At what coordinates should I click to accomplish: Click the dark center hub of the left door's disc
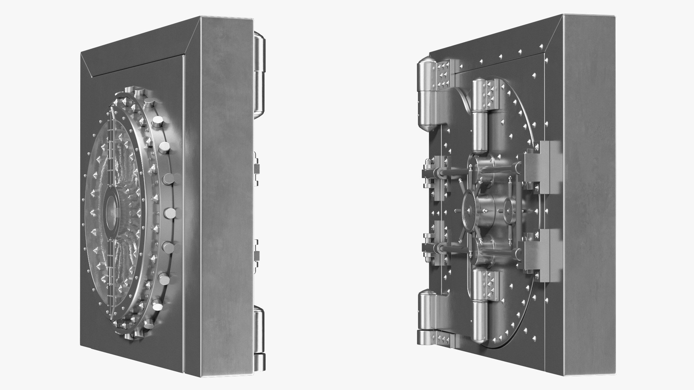tap(111, 213)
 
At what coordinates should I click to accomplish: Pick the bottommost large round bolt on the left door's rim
tap(158, 307)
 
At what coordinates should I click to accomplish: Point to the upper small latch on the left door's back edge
tap(257, 168)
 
